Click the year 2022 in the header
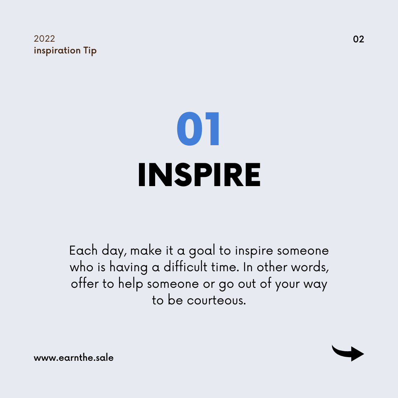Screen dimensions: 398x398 click(45, 39)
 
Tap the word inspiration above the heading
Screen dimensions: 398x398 click(57, 50)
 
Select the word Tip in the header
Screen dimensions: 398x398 click(90, 51)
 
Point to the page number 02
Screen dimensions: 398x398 click(359, 39)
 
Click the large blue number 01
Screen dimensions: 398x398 click(198, 129)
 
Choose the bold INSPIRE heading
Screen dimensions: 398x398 click(199, 175)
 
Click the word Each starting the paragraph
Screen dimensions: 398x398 click(84, 251)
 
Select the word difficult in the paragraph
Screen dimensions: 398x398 click(185, 267)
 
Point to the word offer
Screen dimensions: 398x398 click(85, 283)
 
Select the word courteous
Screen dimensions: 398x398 click(217, 301)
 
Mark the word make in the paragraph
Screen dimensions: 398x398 click(146, 251)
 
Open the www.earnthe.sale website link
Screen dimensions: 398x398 click(74, 357)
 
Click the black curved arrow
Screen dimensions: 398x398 click(348, 353)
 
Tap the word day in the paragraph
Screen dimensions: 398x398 click(114, 251)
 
